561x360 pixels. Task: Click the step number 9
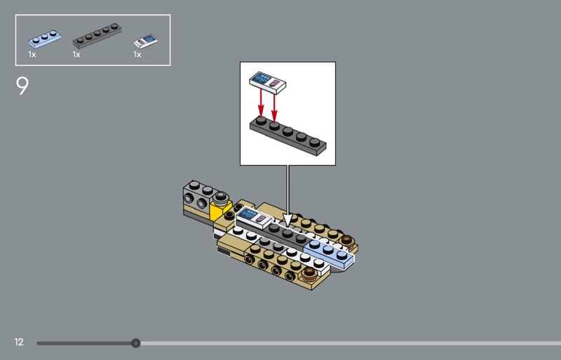pos(22,86)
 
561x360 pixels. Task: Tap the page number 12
pos(19,342)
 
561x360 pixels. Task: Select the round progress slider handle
pos(135,343)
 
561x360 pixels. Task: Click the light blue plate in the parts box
pos(44,39)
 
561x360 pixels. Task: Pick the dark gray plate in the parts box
pos(97,36)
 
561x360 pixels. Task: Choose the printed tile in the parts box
pos(146,41)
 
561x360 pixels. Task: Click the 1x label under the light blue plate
pos(32,55)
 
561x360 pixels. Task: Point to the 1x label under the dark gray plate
pos(76,55)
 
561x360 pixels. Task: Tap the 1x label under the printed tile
pos(137,55)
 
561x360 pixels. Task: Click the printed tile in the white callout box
pos(268,83)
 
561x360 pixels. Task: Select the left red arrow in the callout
pos(261,102)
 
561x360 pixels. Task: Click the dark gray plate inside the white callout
pos(288,135)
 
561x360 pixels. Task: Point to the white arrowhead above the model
pos(288,220)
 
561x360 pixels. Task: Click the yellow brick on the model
pos(221,211)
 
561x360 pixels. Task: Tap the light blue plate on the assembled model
pos(329,253)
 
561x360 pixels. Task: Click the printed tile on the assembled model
pos(254,218)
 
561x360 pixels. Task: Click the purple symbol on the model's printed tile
pos(261,219)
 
